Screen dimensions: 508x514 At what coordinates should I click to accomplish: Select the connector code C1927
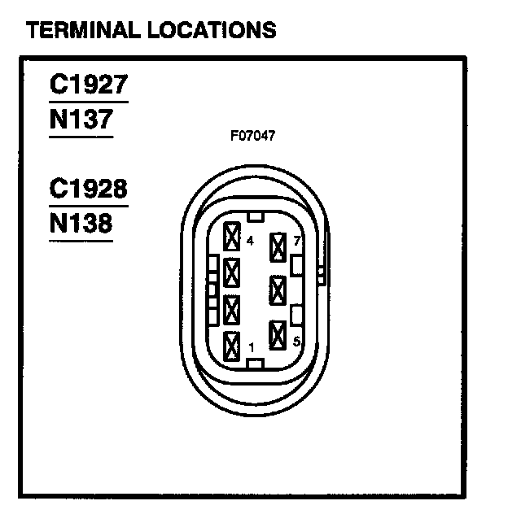click(x=88, y=85)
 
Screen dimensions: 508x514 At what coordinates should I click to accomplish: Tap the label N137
click(x=80, y=120)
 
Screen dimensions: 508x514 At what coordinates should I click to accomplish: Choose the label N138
click(x=80, y=224)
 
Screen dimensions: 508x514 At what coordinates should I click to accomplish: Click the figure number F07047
click(x=252, y=136)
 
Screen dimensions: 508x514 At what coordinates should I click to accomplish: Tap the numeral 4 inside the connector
click(x=249, y=242)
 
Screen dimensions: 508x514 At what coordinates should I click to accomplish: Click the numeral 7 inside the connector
click(x=298, y=242)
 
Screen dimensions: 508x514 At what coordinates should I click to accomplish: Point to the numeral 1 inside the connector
click(x=252, y=348)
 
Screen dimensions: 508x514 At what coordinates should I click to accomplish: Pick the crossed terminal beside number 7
click(x=279, y=244)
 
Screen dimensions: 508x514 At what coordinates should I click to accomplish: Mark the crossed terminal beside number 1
click(x=232, y=346)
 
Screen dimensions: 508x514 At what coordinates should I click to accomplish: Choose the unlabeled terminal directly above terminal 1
click(x=232, y=310)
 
